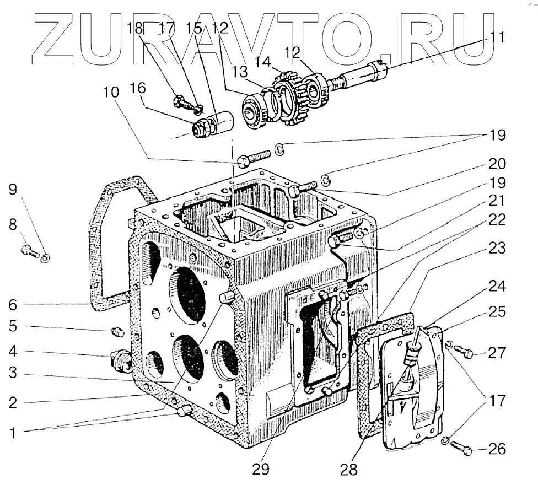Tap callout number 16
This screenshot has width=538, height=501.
(138, 89)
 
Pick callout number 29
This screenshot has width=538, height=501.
(261, 469)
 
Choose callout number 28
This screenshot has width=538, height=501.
(349, 470)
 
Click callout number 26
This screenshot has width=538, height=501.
(497, 450)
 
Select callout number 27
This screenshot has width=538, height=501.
(497, 353)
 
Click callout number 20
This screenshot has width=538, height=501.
(497, 164)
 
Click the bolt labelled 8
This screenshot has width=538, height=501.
(29, 251)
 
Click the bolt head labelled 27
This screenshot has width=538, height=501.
(467, 353)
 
